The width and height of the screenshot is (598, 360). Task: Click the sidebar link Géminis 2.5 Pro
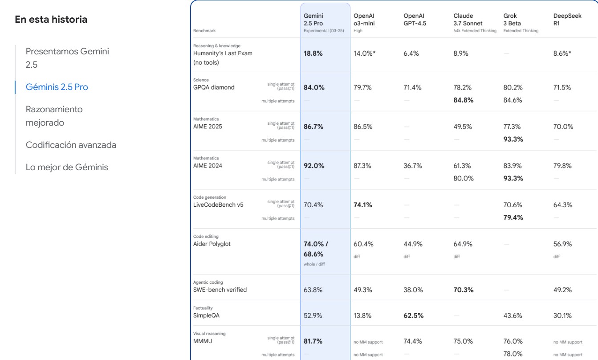click(57, 87)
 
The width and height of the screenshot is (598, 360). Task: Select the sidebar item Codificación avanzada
click(71, 145)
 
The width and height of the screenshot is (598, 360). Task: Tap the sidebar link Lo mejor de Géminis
click(67, 168)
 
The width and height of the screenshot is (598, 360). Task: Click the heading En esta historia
click(51, 20)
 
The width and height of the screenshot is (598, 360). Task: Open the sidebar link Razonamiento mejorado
click(54, 116)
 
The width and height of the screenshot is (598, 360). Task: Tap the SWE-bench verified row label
click(220, 290)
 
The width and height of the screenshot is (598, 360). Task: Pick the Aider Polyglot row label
click(212, 244)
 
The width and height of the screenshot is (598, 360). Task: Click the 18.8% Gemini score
click(313, 53)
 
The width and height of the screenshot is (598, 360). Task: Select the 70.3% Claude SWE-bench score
click(464, 290)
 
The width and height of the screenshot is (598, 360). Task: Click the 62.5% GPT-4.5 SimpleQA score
click(413, 315)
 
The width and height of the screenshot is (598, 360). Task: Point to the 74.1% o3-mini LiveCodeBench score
click(363, 205)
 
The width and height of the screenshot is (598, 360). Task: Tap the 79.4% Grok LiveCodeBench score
click(513, 217)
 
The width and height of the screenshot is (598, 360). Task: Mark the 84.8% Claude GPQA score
click(463, 100)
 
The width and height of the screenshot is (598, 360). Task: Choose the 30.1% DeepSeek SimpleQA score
click(562, 315)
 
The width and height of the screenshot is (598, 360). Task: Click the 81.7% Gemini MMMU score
click(313, 341)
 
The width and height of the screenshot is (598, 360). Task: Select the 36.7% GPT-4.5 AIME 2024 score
click(413, 166)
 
